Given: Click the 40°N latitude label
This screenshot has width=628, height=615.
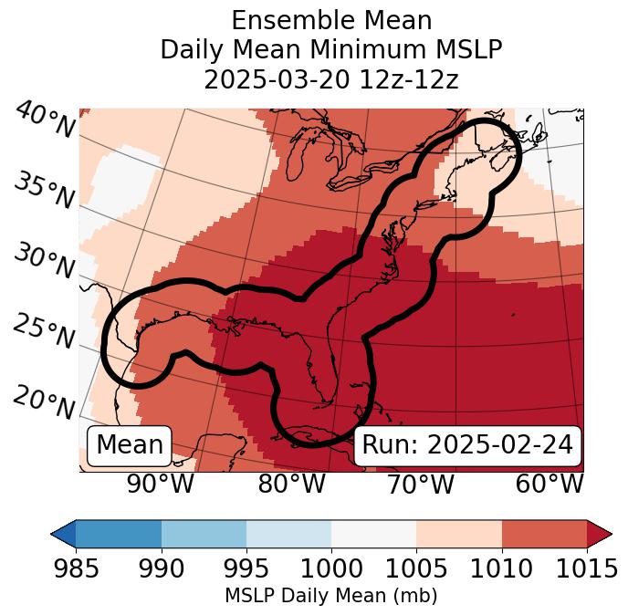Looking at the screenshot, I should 44,121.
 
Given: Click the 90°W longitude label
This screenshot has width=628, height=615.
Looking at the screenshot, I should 161,484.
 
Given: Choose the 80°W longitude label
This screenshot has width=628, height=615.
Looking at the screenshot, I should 292,484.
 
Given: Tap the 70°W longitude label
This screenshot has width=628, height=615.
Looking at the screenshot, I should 421,484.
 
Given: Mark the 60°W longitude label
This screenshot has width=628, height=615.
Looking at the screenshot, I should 549,484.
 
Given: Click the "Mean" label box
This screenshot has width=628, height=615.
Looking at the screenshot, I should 130,445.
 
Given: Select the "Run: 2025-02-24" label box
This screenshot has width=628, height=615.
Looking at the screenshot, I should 467,445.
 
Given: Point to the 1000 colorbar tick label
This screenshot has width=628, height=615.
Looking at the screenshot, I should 331,569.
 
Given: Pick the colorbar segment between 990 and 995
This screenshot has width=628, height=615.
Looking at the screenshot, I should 204,534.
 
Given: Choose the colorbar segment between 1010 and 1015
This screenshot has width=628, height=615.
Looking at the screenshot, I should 544,534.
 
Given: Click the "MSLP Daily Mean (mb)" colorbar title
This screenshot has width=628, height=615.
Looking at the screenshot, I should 330,596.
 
